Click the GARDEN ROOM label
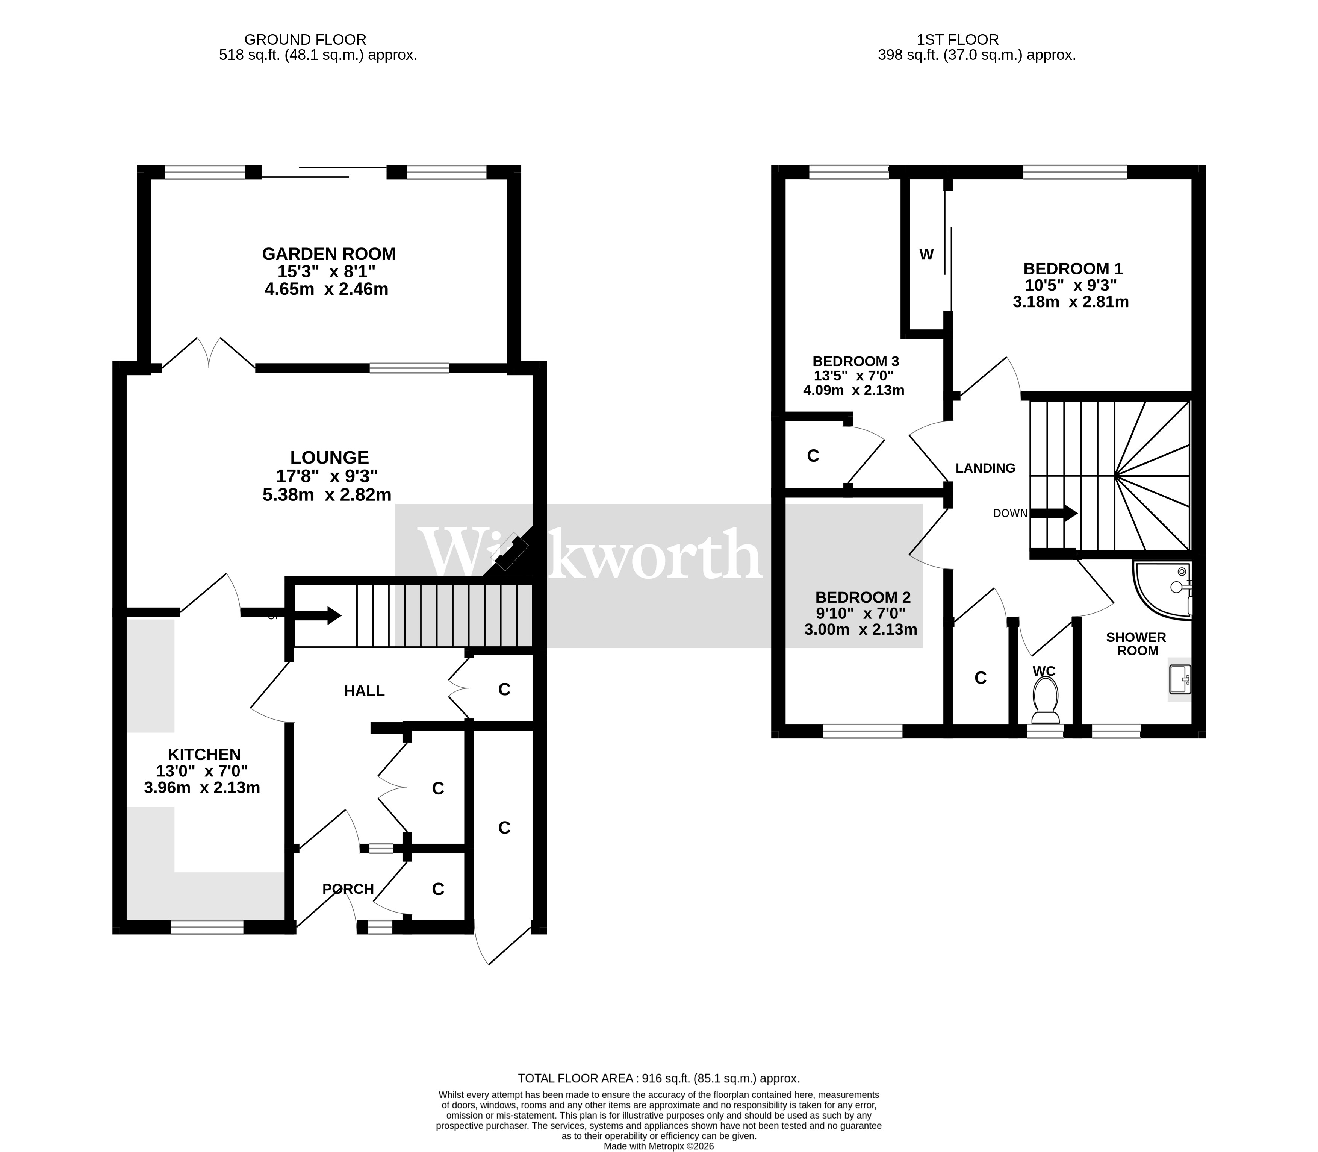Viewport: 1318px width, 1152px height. [328, 254]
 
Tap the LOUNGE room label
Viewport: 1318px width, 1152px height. [329, 458]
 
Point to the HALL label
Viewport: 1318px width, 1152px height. [364, 691]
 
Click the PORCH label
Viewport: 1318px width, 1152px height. [348, 889]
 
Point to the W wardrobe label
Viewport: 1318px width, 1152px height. [926, 255]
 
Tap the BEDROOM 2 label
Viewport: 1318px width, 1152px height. [863, 597]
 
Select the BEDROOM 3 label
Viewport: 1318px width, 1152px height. [855, 361]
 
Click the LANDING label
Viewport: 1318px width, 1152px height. [985, 468]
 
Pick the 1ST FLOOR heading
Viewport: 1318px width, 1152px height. [958, 40]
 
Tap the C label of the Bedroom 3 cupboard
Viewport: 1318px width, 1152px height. [813, 456]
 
